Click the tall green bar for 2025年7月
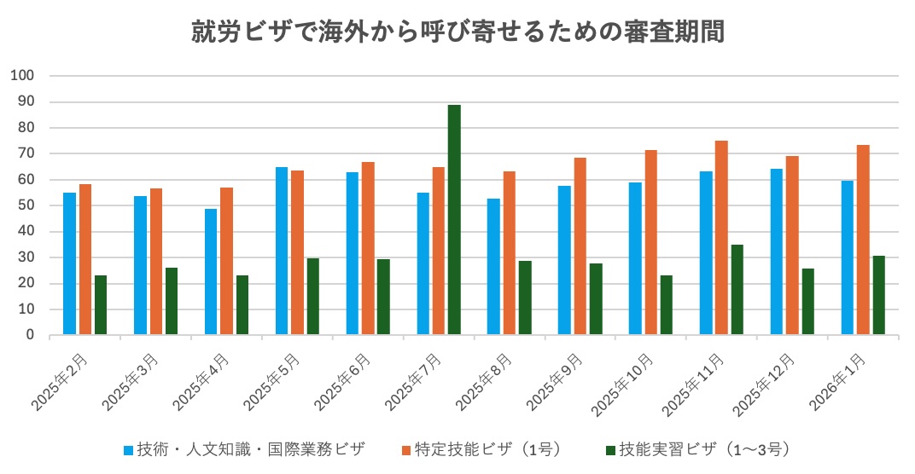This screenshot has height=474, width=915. click(454, 220)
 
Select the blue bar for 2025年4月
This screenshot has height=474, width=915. click(211, 272)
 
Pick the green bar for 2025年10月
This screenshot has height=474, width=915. click(666, 305)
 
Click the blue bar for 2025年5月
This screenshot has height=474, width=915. click(282, 251)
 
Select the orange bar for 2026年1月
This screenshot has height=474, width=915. click(863, 240)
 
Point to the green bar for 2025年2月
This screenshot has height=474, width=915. click(101, 305)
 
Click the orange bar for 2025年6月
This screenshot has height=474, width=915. click(368, 249)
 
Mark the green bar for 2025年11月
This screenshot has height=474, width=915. click(737, 290)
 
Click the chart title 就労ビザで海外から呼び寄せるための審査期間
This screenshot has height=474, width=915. click(457, 33)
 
